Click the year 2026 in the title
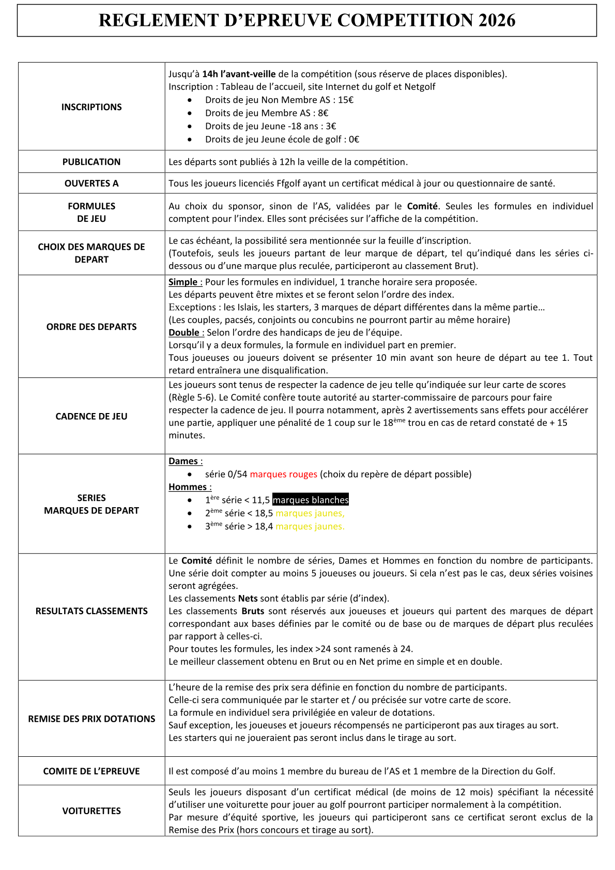click(497, 21)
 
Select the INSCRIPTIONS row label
click(91, 107)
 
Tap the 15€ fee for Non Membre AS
click(346, 100)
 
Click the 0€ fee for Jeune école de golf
click(354, 139)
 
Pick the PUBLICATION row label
click(91, 162)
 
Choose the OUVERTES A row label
click(91, 184)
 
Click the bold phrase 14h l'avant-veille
click(239, 74)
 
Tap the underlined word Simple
click(183, 282)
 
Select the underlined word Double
click(185, 332)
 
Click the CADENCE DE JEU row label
click(91, 416)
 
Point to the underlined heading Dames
click(183, 461)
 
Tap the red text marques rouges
click(283, 474)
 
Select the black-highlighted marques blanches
click(311, 500)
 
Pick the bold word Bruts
click(253, 611)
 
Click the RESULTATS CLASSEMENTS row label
click(91, 611)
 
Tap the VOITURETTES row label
click(91, 811)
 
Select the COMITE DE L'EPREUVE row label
click(91, 771)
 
